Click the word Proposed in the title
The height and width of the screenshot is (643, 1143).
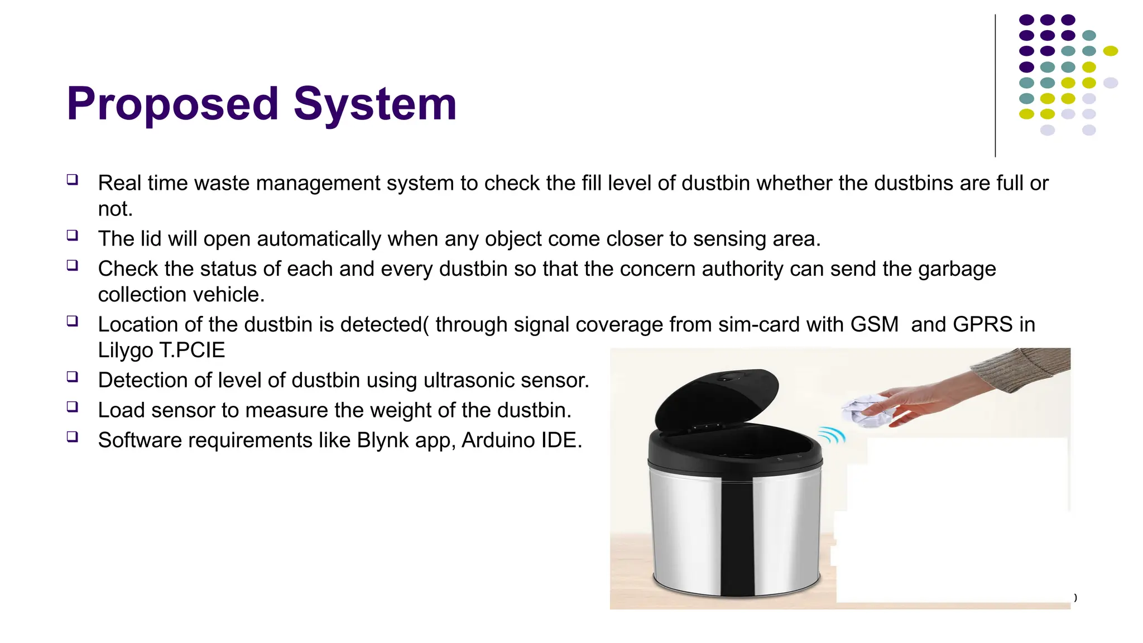coord(172,104)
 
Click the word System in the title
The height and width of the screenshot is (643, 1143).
coord(374,104)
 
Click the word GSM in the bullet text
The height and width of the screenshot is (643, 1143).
coord(874,324)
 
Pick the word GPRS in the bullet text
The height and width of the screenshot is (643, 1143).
coord(982,324)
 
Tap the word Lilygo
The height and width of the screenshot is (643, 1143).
coord(126,351)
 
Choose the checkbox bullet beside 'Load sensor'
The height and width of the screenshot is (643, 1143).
coord(73,407)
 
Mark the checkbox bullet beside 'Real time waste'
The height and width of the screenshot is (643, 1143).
coord(73,180)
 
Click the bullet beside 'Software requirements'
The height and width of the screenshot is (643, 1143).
coord(73,437)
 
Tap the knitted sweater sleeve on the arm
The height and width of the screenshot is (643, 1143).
coord(1021,366)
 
